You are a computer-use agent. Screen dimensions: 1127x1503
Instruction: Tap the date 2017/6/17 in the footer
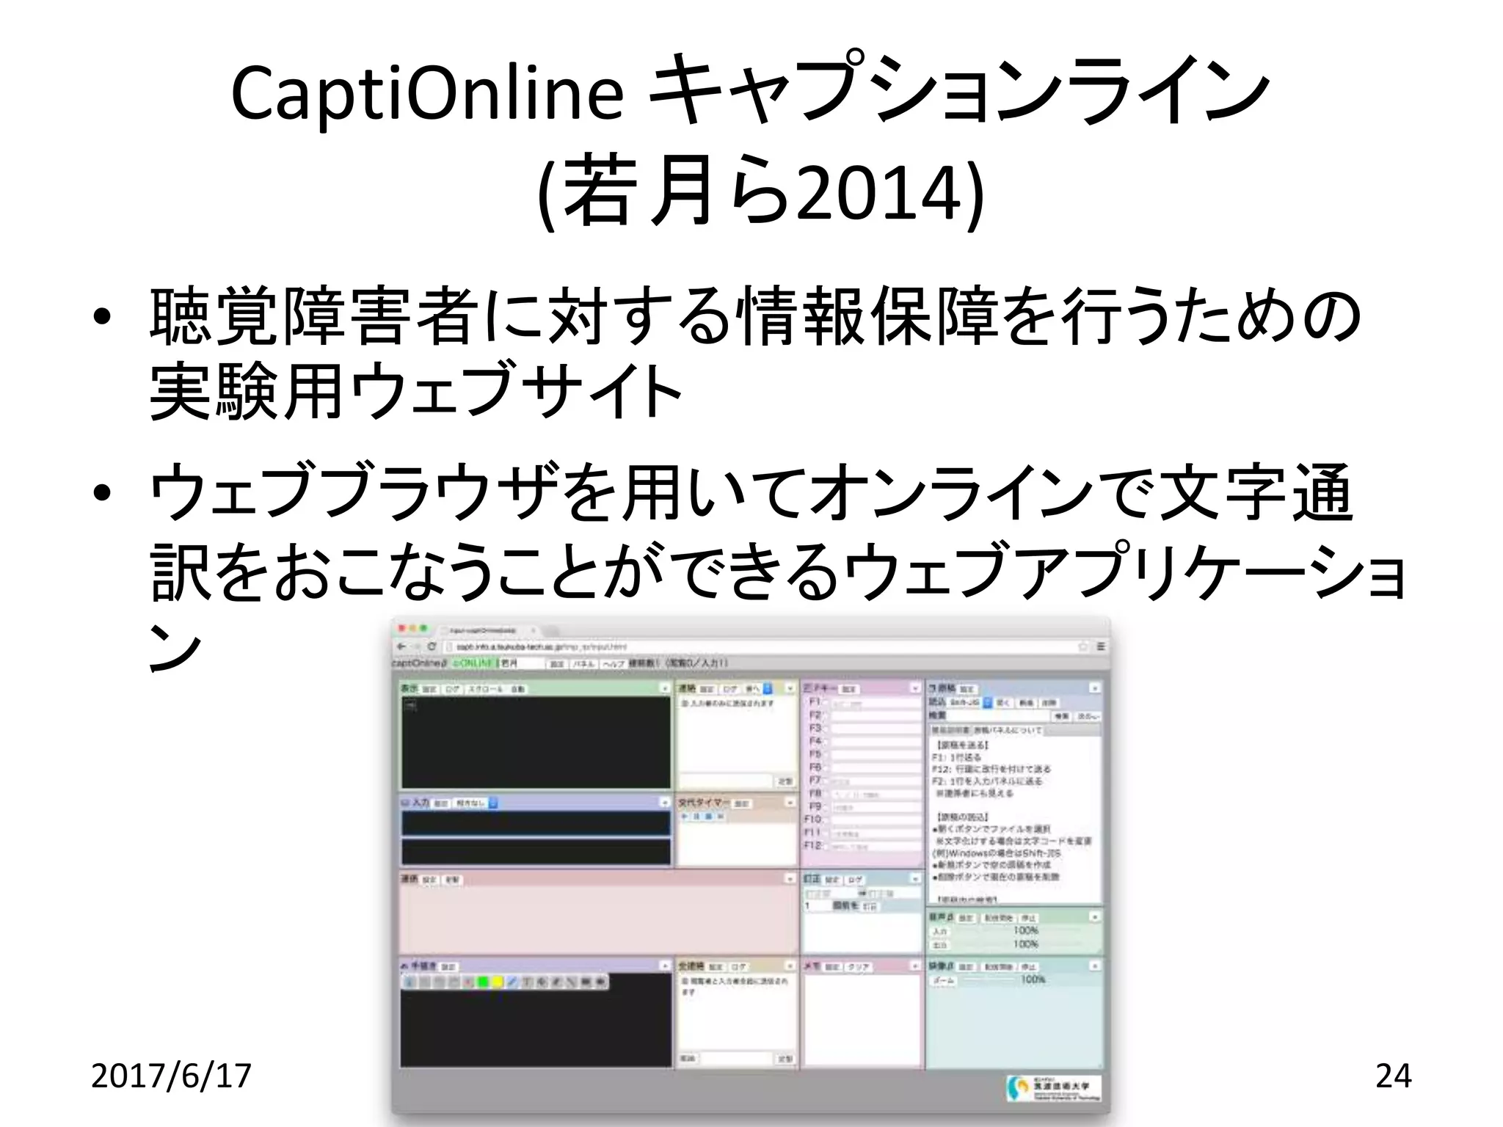pos(171,1076)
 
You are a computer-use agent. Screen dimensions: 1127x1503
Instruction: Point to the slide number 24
pos(1393,1076)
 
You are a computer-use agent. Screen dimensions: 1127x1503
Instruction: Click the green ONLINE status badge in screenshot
pos(473,663)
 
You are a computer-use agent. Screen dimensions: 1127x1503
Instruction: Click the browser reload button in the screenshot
pos(432,646)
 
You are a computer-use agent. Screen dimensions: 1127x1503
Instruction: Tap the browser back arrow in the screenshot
pos(402,646)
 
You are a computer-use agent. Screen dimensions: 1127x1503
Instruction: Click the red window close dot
pos(401,630)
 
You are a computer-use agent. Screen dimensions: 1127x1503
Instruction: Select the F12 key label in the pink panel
pos(812,845)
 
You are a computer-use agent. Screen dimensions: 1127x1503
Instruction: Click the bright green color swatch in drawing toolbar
pos(484,982)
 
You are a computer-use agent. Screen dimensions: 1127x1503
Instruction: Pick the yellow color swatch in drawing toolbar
pos(498,982)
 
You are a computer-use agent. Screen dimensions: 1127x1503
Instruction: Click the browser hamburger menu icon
pos(1101,646)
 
